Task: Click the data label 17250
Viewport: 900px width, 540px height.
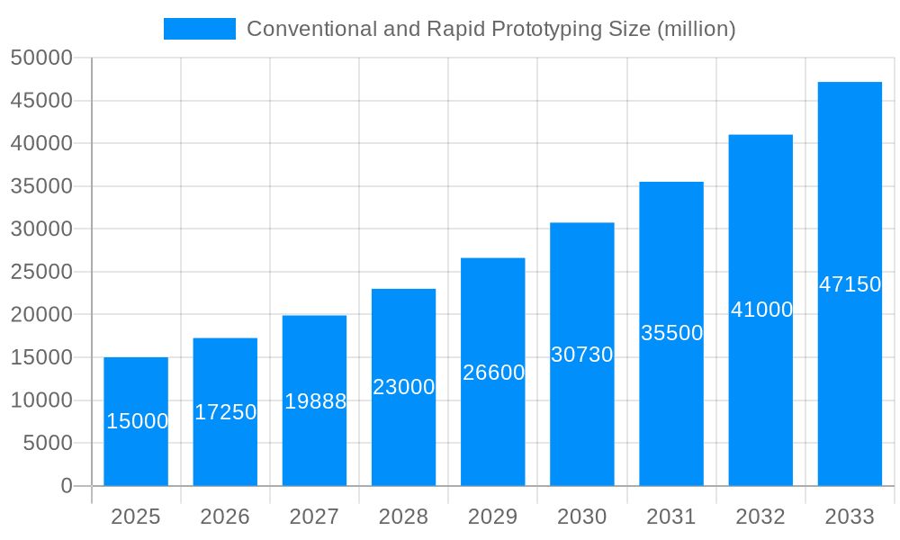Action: (225, 412)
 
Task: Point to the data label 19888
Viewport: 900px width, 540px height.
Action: (315, 401)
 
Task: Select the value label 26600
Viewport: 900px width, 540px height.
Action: (493, 373)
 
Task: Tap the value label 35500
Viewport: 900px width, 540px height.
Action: (671, 333)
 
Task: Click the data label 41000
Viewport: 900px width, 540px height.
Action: (761, 310)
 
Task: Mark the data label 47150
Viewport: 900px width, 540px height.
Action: (850, 284)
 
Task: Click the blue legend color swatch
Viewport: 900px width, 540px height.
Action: (200, 29)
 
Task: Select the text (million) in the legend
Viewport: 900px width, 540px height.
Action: (697, 29)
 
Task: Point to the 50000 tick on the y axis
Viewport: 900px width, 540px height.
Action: (40, 58)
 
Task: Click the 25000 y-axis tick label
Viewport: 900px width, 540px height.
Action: (40, 272)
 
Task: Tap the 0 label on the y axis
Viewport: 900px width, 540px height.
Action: (67, 486)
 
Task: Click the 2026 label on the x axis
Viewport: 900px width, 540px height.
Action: (225, 517)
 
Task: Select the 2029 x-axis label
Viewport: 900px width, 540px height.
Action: (493, 517)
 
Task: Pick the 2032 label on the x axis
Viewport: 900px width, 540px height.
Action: (760, 517)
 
